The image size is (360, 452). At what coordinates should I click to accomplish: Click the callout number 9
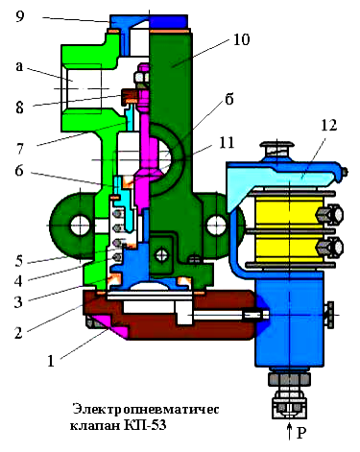tap(20, 15)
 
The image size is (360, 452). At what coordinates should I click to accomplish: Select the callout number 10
tap(241, 39)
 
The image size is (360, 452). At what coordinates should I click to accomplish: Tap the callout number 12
tap(328, 125)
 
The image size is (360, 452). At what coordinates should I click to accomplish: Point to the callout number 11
tap(227, 142)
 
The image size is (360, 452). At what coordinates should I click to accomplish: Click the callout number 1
tap(51, 361)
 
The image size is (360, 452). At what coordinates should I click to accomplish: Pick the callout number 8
tap(19, 107)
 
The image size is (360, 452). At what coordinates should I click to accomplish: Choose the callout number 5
tap(19, 261)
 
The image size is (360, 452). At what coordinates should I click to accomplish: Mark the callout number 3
tap(18, 301)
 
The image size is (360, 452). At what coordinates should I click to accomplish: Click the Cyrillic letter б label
tap(229, 99)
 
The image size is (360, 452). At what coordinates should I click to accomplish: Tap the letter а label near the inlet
tap(19, 66)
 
